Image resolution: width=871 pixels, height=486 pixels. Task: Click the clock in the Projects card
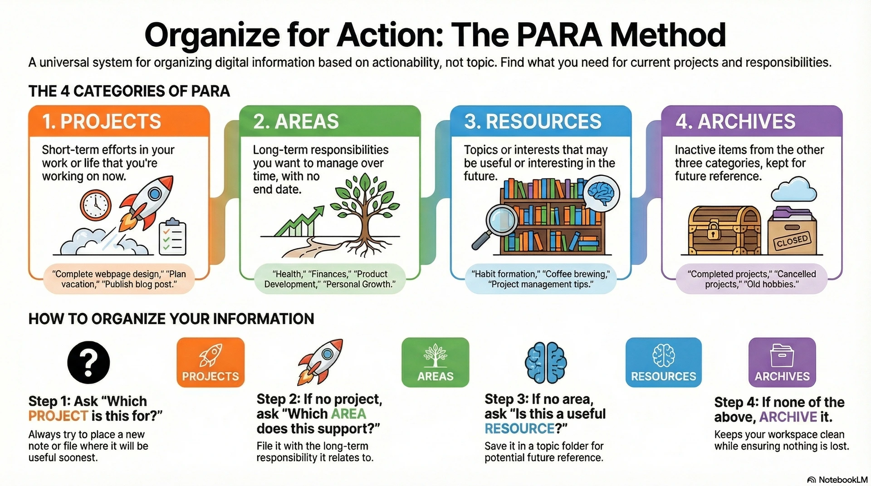click(96, 205)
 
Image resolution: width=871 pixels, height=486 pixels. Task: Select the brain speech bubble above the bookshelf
click(601, 194)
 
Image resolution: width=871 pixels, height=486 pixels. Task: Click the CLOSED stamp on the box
click(792, 241)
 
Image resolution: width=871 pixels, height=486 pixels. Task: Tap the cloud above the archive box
click(794, 190)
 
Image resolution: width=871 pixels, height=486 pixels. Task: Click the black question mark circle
click(88, 362)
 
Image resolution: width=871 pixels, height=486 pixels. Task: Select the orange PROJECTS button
click(210, 362)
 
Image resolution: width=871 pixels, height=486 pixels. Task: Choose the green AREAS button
click(435, 362)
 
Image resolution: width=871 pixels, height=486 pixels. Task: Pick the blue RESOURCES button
click(664, 362)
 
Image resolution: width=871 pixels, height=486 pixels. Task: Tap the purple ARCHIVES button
click(782, 362)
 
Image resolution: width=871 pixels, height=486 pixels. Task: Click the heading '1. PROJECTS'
click(102, 121)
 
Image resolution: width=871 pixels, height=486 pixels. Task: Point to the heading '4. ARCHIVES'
click(735, 121)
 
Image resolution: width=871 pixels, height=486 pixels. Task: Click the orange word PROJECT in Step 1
click(58, 416)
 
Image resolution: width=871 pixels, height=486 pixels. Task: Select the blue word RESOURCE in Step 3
click(519, 428)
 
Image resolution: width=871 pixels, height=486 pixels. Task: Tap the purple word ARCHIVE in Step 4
click(788, 417)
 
